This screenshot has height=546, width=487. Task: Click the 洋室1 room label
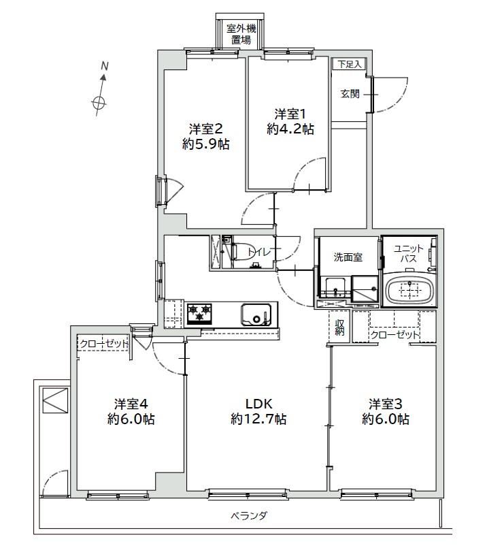point(290,114)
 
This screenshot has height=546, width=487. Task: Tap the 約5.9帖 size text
point(206,144)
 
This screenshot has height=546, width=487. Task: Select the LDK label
point(259,404)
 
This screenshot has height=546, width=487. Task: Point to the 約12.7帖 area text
point(259,419)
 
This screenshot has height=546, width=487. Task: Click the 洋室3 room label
point(386,404)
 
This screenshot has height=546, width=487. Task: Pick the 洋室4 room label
point(131,404)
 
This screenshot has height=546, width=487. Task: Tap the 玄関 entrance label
point(350,94)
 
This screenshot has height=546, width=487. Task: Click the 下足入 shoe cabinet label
point(350,64)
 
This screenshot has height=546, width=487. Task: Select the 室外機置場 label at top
point(241,34)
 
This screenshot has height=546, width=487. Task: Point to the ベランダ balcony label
point(249,515)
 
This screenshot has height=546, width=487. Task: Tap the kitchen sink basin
point(256,314)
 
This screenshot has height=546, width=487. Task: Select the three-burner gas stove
point(199,313)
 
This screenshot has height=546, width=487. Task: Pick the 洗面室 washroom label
point(348,257)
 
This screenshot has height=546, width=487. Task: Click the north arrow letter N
point(104,65)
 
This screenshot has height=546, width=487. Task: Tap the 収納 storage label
point(339,327)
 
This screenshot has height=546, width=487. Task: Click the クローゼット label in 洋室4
point(103,344)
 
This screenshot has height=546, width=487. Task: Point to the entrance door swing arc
point(399,101)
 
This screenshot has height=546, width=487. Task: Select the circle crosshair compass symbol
point(99,103)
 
